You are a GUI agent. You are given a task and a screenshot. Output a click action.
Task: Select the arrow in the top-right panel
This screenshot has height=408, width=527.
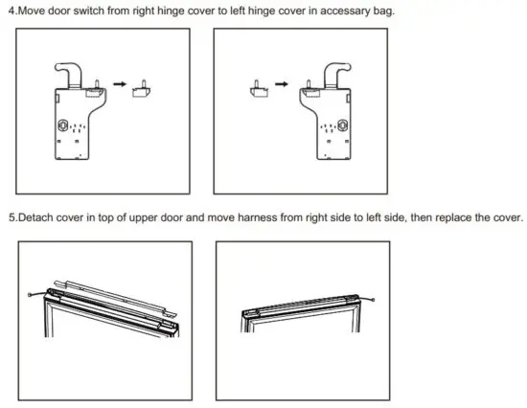(282, 84)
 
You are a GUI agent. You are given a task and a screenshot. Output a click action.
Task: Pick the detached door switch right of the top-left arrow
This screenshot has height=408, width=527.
(143, 89)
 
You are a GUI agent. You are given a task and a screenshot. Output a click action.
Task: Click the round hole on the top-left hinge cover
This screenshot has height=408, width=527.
(65, 125)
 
